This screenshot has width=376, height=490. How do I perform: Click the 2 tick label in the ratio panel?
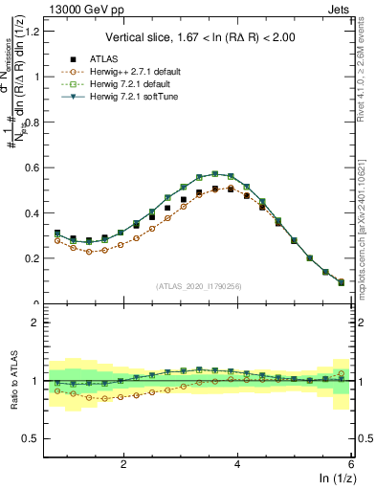point(36,323)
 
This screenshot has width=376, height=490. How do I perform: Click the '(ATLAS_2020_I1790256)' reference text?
point(199,285)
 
